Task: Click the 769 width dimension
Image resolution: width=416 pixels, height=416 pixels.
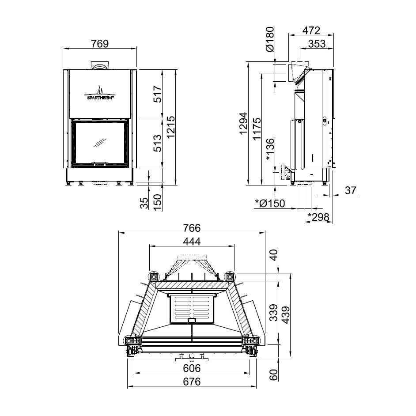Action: (x=100, y=44)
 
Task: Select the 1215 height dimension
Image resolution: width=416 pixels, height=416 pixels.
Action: (x=171, y=127)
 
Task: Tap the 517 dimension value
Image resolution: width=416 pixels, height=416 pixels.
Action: (x=158, y=94)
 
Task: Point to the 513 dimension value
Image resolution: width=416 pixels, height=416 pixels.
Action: (x=158, y=143)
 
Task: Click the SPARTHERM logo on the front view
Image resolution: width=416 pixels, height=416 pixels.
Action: (x=100, y=93)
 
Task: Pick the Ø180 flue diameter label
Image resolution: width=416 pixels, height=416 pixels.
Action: (x=269, y=39)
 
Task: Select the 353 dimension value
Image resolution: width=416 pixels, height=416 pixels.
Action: (x=317, y=44)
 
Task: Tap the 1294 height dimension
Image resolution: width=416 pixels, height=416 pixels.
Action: (x=243, y=124)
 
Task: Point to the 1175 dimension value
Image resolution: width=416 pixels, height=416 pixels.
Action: (x=257, y=129)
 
